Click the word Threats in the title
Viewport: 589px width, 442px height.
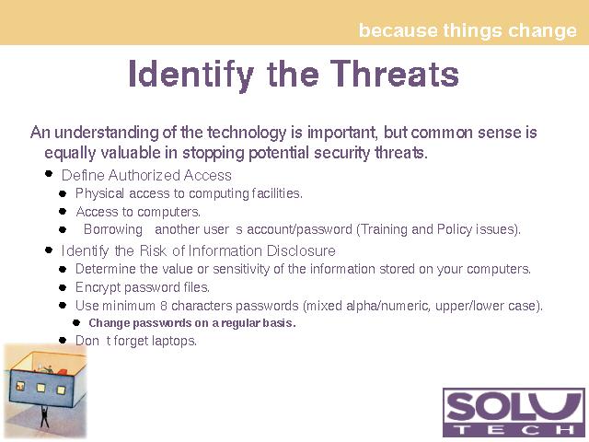point(395,74)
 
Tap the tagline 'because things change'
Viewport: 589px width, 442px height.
point(468,30)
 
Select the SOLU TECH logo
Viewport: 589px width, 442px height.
point(514,413)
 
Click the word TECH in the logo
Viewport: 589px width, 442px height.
point(514,429)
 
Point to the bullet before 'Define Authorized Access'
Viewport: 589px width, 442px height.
point(49,174)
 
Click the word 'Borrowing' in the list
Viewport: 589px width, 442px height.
point(112,229)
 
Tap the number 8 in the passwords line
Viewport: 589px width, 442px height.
point(164,306)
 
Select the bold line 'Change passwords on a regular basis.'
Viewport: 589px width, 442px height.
point(192,323)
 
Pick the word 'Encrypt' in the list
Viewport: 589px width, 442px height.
point(98,287)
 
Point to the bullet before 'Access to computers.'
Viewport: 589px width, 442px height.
point(63,211)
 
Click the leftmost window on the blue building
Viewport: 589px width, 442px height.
point(20,385)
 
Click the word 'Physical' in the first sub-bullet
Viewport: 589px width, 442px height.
point(99,193)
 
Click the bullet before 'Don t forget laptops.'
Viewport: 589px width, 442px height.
point(63,340)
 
